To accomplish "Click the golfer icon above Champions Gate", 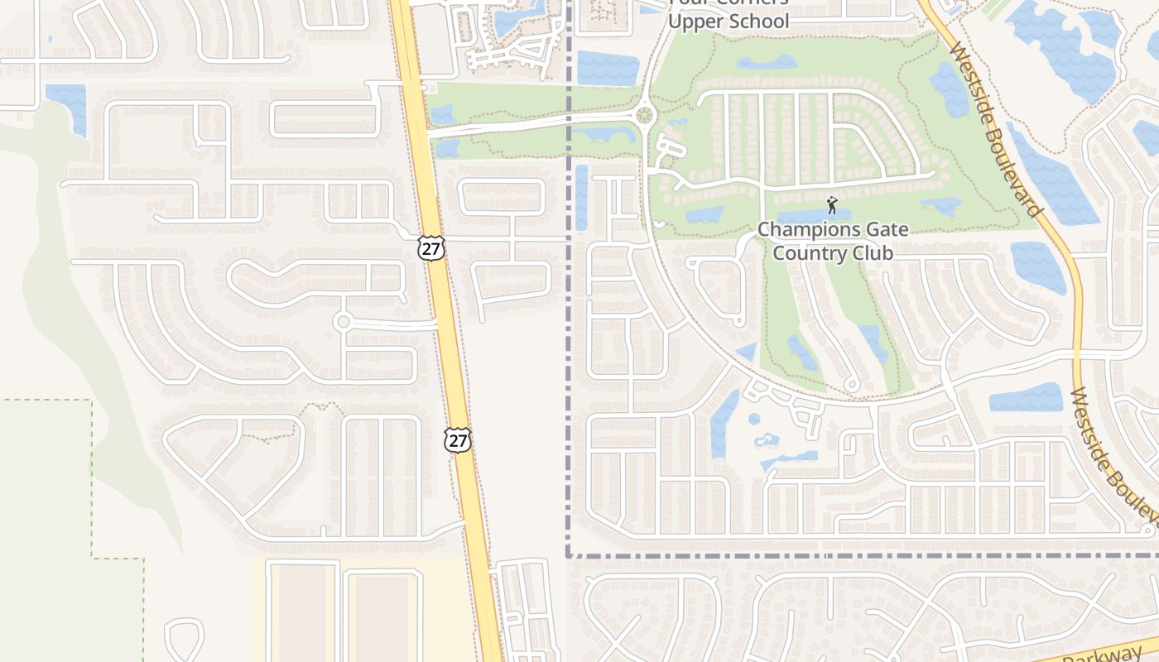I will (x=832, y=204).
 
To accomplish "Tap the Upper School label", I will (x=729, y=22).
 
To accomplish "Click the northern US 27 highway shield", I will (x=431, y=248).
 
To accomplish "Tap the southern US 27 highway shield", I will (x=458, y=439).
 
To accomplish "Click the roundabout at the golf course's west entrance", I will (x=645, y=116).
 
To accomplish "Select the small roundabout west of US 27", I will (x=343, y=321).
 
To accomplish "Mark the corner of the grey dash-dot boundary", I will (x=570, y=555).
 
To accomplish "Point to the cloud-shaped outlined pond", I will (x=766, y=439).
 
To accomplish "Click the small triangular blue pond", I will (x=747, y=353).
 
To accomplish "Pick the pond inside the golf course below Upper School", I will (x=767, y=63).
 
